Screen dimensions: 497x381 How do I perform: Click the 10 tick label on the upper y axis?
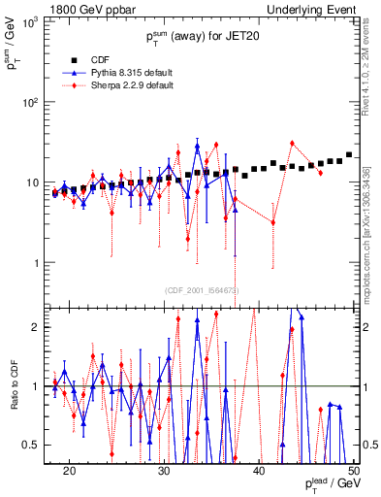(x=32, y=182)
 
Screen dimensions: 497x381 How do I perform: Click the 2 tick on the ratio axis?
(x=37, y=327)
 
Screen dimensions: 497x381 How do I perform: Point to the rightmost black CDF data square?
(x=349, y=154)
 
